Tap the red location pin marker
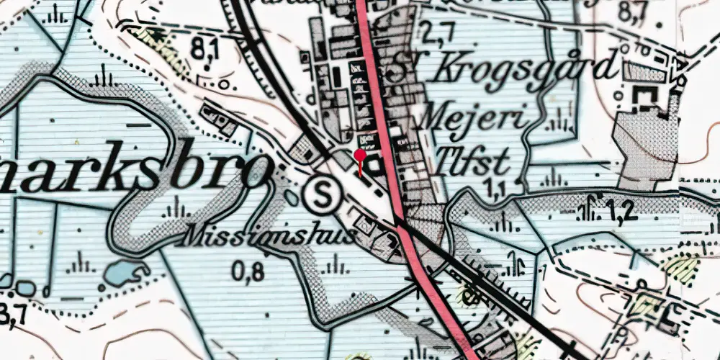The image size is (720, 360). (x=360, y=156)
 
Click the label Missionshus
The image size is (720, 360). (x=271, y=235)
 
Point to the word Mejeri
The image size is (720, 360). (x=475, y=115)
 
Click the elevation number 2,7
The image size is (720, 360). (x=438, y=32)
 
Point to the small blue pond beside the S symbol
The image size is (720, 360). (x=291, y=196)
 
